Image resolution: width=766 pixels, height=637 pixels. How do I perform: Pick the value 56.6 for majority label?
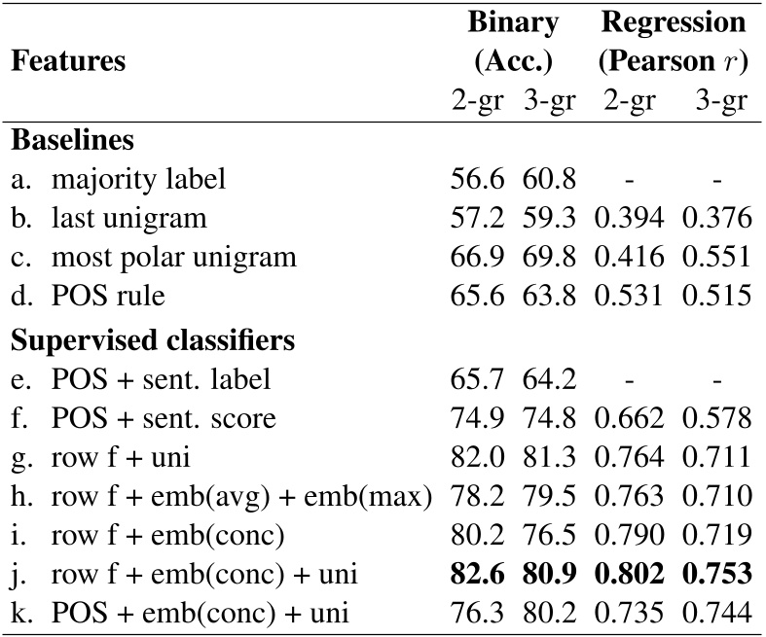pyautogui.click(x=477, y=179)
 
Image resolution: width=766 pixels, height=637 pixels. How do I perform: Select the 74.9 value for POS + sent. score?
pyautogui.click(x=477, y=419)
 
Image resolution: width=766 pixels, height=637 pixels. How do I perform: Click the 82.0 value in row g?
pyautogui.click(x=477, y=458)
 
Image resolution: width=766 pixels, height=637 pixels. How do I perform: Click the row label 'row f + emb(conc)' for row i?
pyautogui.click(x=156, y=536)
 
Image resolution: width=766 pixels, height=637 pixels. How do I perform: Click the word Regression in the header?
pyautogui.click(x=673, y=22)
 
